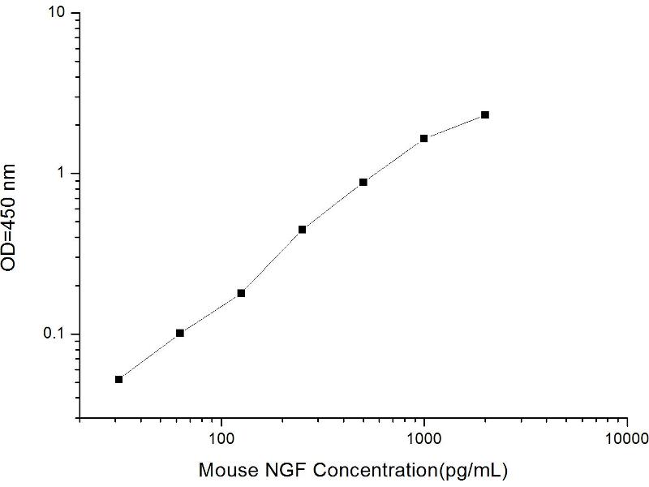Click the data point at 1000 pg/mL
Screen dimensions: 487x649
point(423,139)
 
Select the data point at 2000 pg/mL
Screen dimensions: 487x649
point(485,114)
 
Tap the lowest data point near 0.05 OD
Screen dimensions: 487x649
point(119,379)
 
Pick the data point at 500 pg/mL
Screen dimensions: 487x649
point(363,182)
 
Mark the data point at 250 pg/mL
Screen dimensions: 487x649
point(303,230)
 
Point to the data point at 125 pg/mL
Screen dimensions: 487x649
point(241,293)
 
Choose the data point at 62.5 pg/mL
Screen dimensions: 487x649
point(180,333)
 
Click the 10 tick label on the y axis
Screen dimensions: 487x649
point(59,15)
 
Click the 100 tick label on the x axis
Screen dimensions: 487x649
point(221,439)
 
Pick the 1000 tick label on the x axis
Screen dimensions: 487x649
point(423,439)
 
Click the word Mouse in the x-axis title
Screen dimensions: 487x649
point(225,470)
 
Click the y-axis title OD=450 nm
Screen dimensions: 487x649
point(15,216)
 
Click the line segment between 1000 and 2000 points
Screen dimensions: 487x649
point(454,127)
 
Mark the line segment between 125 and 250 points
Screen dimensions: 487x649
point(272,261)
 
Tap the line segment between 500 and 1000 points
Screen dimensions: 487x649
point(393,161)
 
